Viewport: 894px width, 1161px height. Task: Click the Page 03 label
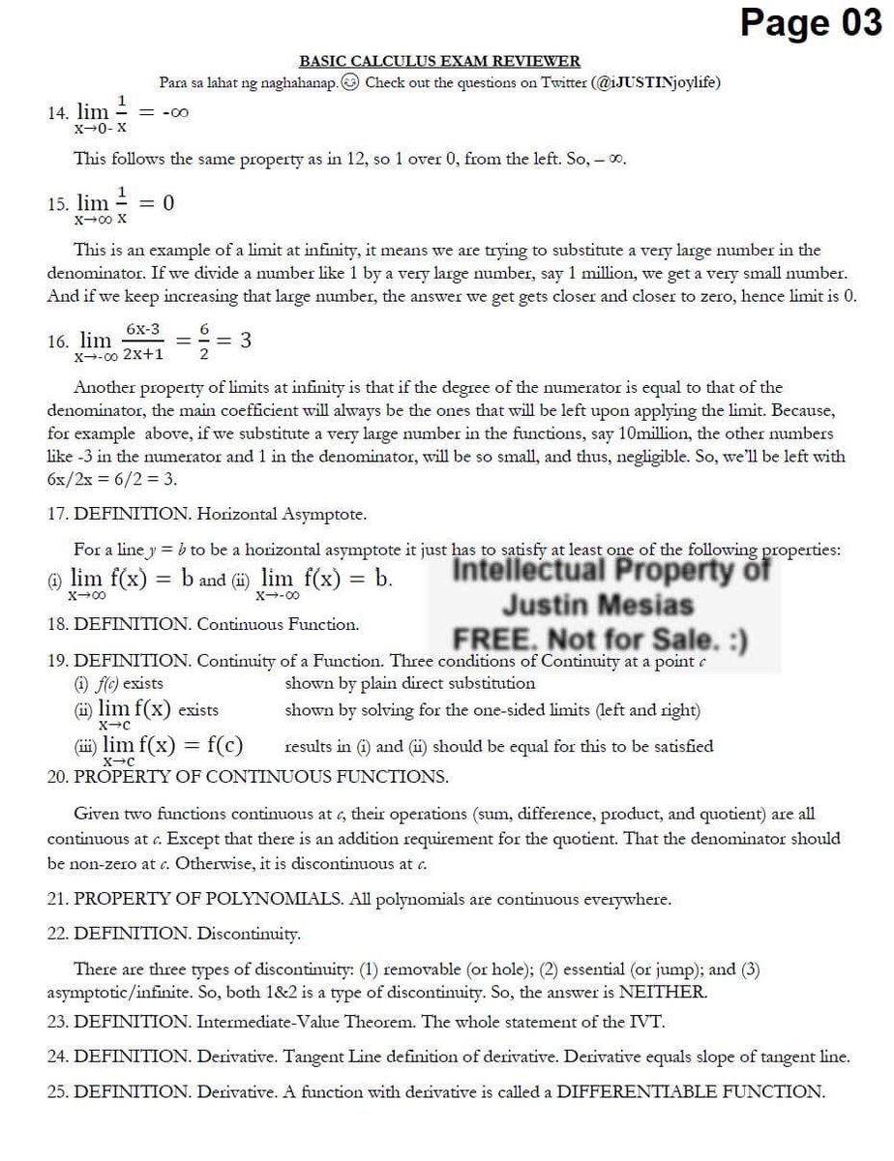[x=810, y=22]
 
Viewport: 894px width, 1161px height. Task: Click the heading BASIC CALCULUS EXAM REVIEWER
[x=439, y=62]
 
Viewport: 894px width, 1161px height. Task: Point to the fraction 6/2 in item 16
[x=204, y=342]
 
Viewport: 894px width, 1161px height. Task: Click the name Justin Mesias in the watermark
[x=597, y=606]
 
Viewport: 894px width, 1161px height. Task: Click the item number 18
[x=57, y=625]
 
